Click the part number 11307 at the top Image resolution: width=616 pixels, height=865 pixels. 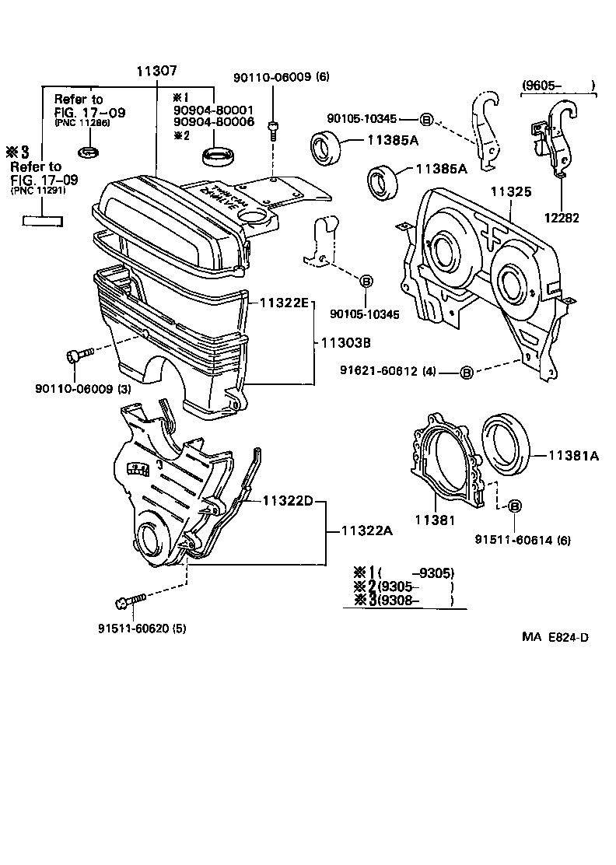tap(157, 71)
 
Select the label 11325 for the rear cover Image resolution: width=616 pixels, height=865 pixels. tap(509, 189)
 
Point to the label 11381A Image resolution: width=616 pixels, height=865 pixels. tap(574, 457)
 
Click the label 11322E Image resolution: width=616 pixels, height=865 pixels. tap(285, 300)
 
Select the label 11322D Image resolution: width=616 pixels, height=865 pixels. tap(287, 500)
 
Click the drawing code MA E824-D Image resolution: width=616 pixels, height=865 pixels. tap(555, 637)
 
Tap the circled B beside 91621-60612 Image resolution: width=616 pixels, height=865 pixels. tap(466, 373)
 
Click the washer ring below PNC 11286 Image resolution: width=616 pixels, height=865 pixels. tap(89, 149)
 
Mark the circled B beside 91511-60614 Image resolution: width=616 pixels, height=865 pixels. tap(515, 506)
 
